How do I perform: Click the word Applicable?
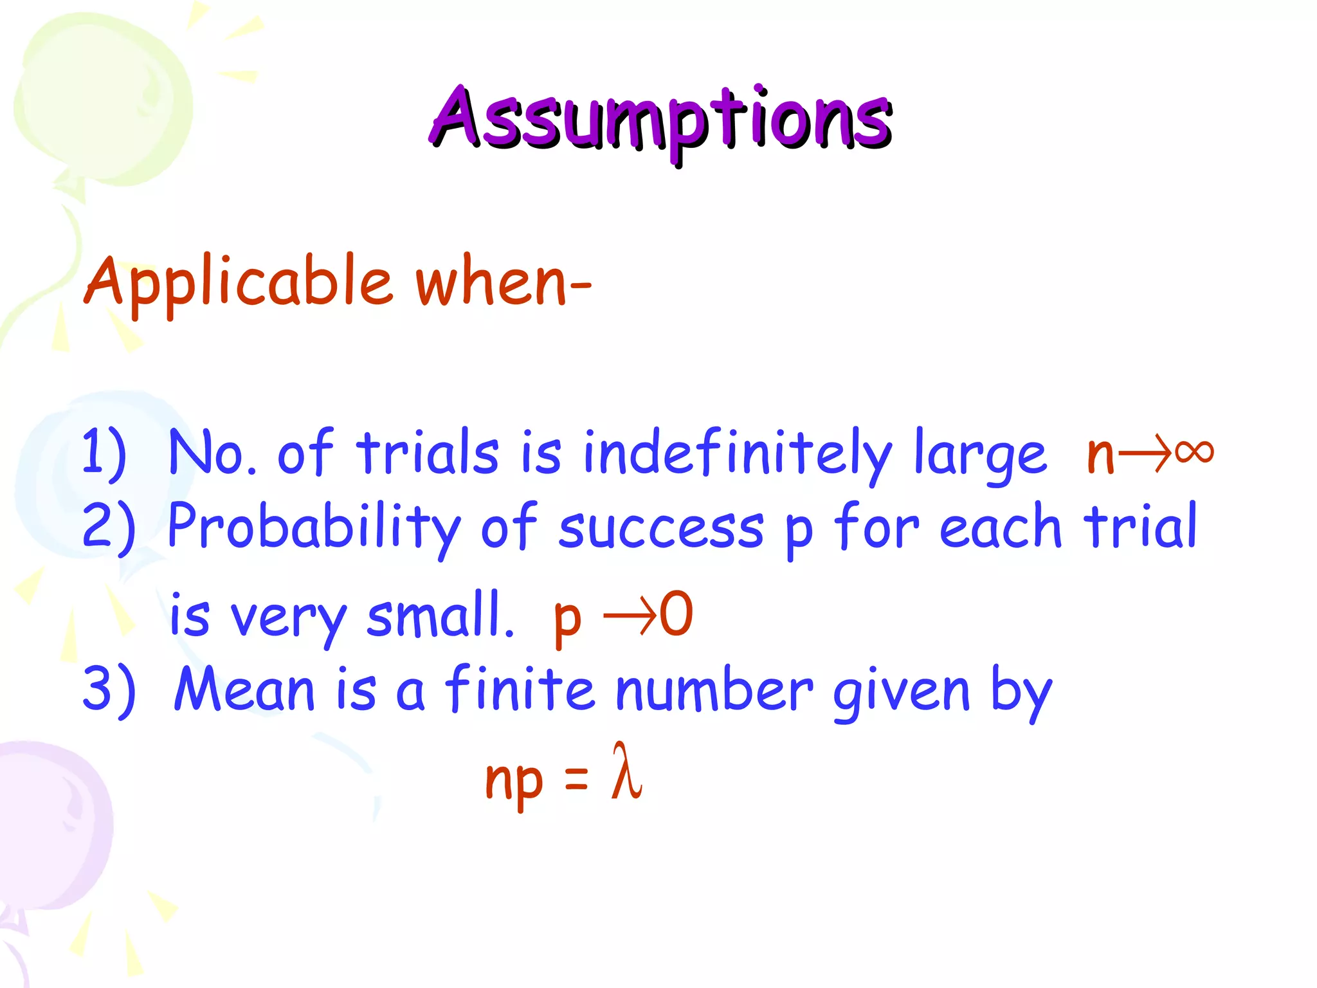238,283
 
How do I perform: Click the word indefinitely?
737,453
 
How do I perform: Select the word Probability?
314,527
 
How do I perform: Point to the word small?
440,615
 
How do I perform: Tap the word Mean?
244,690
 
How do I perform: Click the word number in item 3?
714,690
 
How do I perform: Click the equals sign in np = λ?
576,778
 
